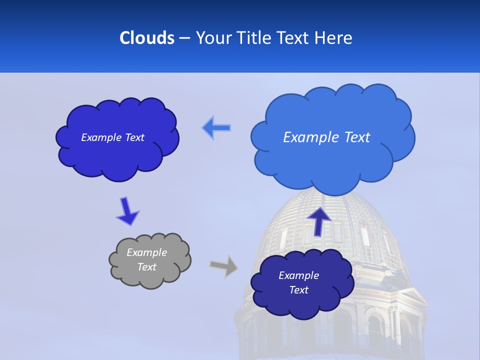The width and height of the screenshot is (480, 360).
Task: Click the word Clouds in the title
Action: pos(147,38)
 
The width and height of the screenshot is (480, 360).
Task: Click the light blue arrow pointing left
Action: pos(216,128)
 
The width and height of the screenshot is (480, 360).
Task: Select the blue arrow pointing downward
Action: pos(127,210)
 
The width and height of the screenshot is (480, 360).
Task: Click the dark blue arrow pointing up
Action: pos(319,220)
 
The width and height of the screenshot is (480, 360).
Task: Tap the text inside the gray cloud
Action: pos(147,260)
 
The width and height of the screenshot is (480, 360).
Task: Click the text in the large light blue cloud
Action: pos(326,137)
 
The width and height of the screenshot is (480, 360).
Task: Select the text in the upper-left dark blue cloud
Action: pos(112,137)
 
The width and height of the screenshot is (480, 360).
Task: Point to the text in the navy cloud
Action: pos(298,282)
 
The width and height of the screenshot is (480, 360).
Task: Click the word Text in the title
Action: pos(293,38)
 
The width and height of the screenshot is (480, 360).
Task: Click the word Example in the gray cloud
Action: pos(147,252)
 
